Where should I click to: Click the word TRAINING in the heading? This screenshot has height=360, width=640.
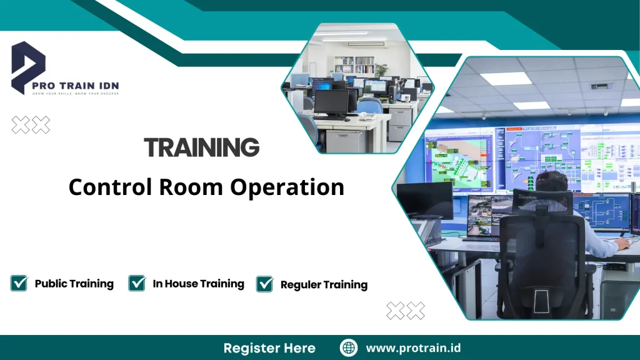(x=201, y=147)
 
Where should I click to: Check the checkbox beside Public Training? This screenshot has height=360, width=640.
(x=19, y=283)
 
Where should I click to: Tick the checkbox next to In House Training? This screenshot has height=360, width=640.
(x=137, y=283)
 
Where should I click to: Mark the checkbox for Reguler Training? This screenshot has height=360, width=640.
(x=265, y=284)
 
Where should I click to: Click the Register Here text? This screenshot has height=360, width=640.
(x=269, y=347)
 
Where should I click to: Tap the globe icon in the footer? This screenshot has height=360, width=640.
(x=349, y=347)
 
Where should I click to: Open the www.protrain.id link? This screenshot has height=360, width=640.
(x=413, y=347)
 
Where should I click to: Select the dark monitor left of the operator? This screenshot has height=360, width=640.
(x=425, y=200)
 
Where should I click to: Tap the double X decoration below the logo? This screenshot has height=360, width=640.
(x=31, y=125)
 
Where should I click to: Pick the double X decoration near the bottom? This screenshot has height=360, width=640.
(x=405, y=310)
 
